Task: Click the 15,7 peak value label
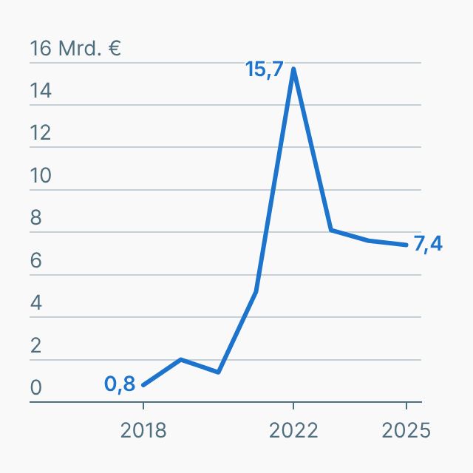(265, 70)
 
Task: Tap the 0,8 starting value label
(120, 384)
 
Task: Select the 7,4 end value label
(428, 244)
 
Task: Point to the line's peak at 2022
(293, 69)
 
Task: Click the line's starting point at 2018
(143, 385)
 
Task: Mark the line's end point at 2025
(406, 245)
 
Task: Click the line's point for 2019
(181, 359)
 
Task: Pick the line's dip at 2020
(219, 372)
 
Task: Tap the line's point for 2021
(256, 292)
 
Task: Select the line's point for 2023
(331, 230)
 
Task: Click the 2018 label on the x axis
(143, 431)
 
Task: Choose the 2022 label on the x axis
(293, 431)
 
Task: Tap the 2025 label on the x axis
(406, 431)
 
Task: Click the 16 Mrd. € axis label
(75, 49)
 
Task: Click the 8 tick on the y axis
(35, 219)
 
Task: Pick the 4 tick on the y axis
(35, 304)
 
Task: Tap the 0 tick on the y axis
(35, 389)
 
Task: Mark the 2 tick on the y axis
(35, 346)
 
